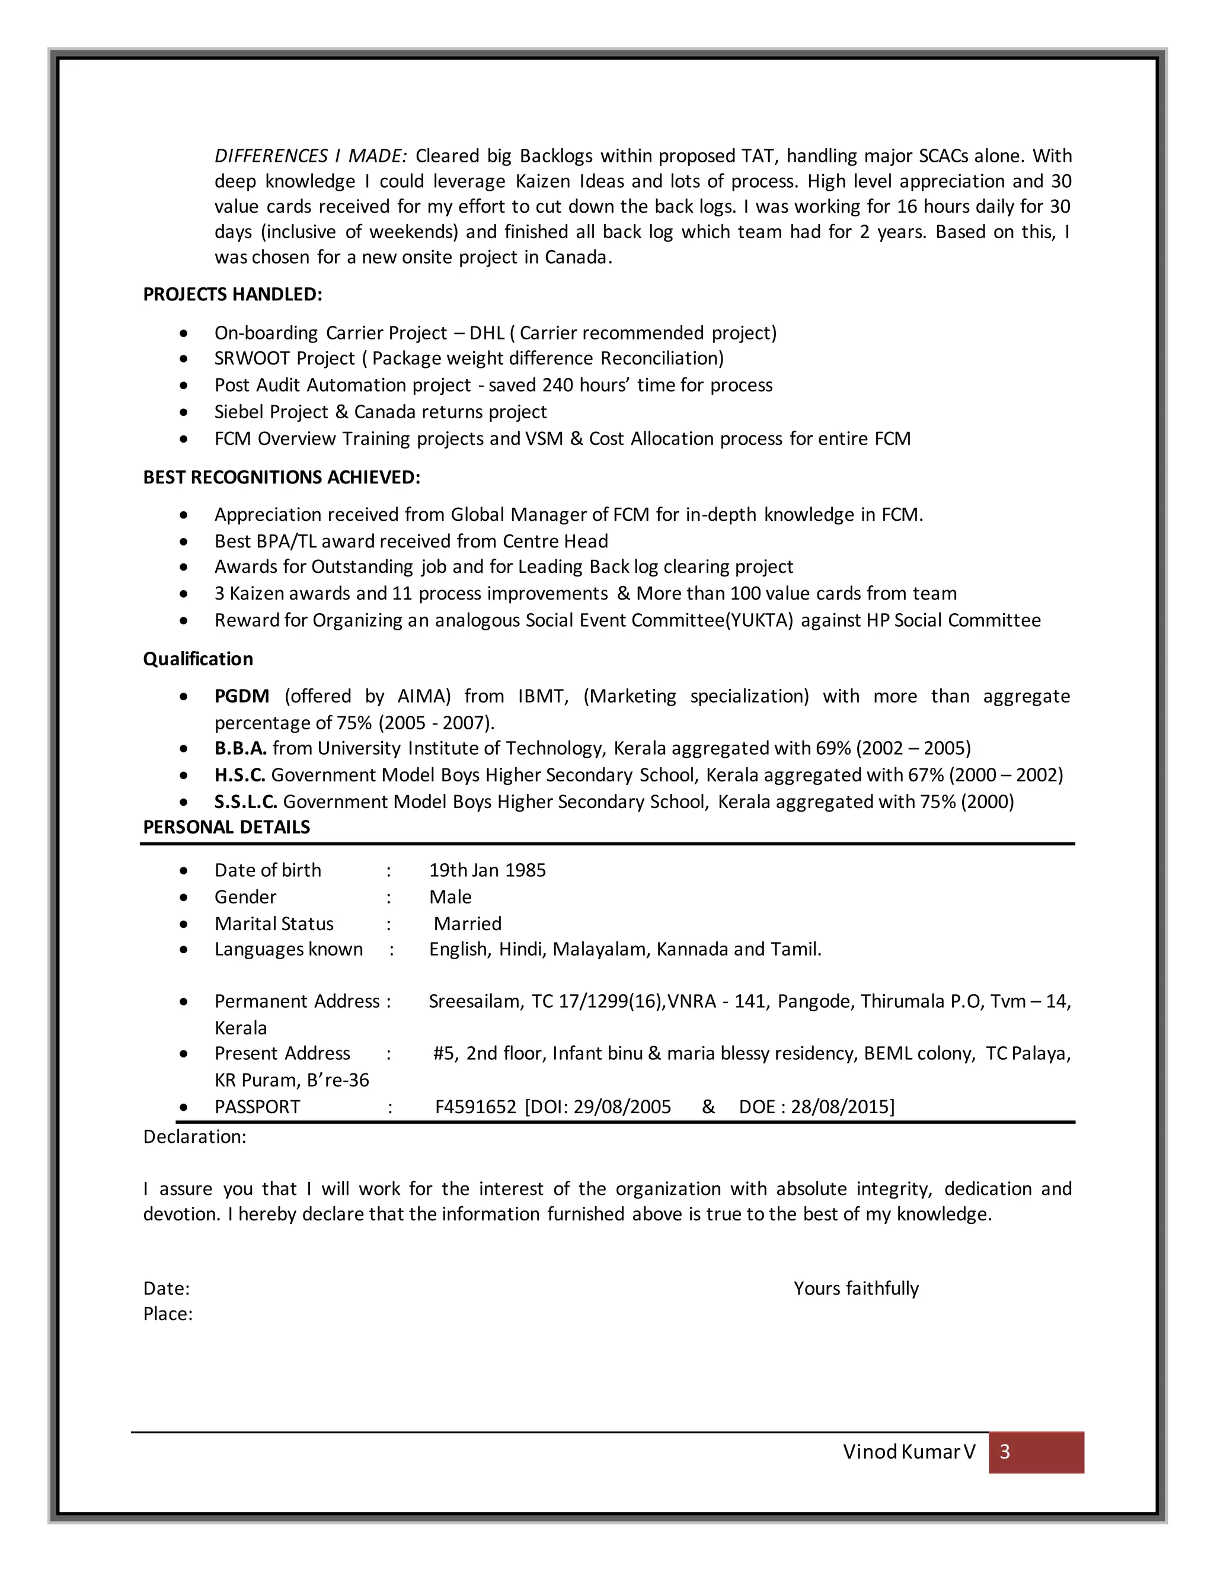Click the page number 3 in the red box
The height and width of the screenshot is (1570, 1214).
(1005, 1452)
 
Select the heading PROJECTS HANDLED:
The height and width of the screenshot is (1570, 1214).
(232, 294)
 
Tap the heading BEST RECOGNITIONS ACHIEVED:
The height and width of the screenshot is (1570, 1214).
(281, 478)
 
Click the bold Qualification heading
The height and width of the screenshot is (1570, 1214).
(198, 659)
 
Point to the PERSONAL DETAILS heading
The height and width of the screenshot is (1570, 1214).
(226, 828)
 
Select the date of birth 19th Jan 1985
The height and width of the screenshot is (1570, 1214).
(487, 870)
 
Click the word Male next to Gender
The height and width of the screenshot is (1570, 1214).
(451, 897)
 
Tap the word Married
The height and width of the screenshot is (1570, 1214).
(468, 924)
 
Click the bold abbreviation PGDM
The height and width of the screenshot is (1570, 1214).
(242, 697)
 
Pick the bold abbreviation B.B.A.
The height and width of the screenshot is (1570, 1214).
(240, 749)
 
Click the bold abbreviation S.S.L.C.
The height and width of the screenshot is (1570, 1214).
(245, 802)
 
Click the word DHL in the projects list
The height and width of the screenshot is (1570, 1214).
(487, 334)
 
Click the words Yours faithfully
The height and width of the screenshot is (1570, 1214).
(856, 1288)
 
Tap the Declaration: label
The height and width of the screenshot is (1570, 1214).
(194, 1136)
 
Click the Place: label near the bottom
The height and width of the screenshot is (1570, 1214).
(168, 1314)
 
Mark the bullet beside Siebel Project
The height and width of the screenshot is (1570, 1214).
(185, 412)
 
